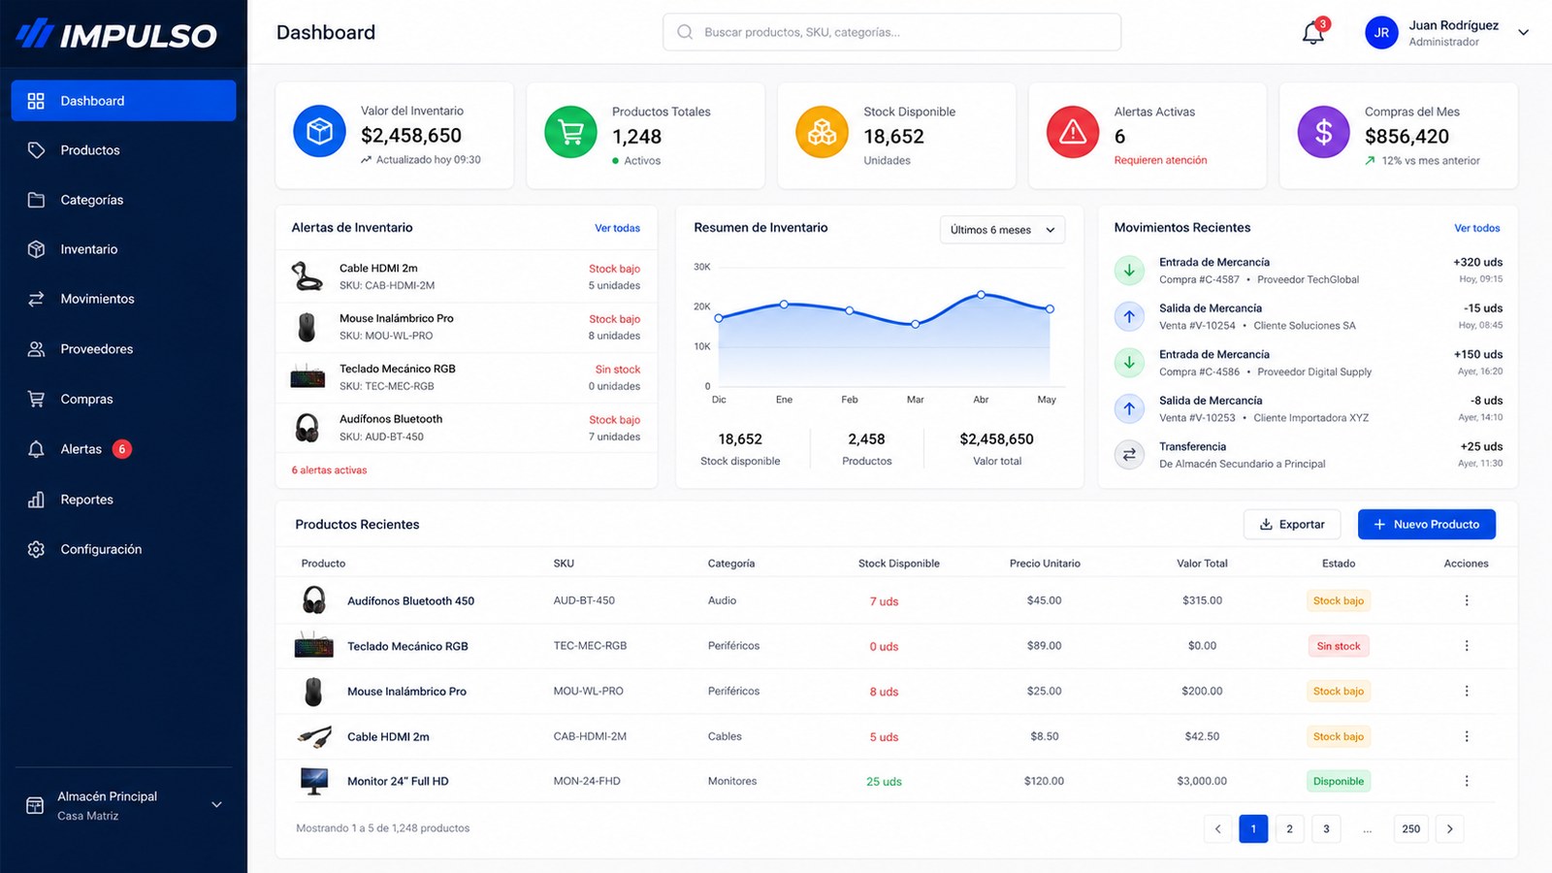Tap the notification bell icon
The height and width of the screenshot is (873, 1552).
tap(1312, 33)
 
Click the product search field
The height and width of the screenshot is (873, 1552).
tap(891, 32)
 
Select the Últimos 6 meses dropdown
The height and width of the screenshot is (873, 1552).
tap(1002, 230)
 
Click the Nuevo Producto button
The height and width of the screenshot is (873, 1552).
tap(1427, 525)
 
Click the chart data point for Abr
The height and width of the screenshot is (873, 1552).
tap(981, 295)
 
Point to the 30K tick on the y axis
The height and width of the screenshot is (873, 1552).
tap(702, 267)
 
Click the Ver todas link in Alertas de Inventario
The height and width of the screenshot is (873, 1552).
tap(617, 228)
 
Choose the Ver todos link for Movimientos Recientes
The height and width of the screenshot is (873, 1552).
tap(1476, 228)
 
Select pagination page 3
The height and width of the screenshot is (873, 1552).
tap(1325, 828)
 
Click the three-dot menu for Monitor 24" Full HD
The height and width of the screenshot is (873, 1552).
tap(1466, 781)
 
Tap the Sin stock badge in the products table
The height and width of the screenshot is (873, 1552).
tap(1338, 646)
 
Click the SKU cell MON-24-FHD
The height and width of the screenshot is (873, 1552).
tap(586, 781)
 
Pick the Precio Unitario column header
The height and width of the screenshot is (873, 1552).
tap(1044, 564)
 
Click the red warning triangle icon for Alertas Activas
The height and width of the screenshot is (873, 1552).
tap(1072, 132)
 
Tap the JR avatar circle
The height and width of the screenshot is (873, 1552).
tap(1381, 33)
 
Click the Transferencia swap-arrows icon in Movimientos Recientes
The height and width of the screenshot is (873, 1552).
tap(1129, 455)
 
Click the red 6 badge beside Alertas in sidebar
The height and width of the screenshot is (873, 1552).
tap(122, 449)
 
